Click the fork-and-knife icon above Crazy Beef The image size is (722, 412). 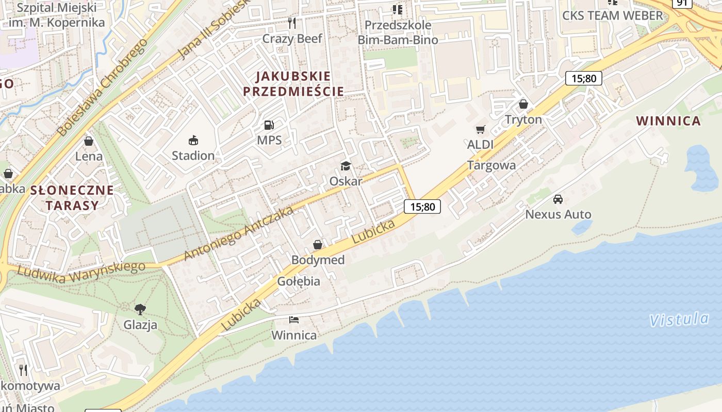point(292,23)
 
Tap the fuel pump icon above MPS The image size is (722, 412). point(269,125)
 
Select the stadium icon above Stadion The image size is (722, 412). point(193,140)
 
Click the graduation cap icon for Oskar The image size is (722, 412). point(346,165)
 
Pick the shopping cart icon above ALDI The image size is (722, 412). point(481,129)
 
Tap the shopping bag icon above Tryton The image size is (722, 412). point(523,104)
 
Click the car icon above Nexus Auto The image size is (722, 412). point(558,199)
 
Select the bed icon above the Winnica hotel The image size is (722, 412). point(294,319)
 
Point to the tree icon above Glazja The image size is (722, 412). point(140,309)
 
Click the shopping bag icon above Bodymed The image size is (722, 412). point(318,244)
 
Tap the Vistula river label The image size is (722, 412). point(679,320)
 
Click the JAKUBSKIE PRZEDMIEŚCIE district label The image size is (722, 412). point(293,84)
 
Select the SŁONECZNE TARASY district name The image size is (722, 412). point(72,198)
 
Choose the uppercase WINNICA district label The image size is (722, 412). point(668,121)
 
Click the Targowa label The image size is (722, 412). point(491,165)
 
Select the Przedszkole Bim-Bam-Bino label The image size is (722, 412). point(398,32)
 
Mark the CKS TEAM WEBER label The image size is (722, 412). point(612,15)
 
